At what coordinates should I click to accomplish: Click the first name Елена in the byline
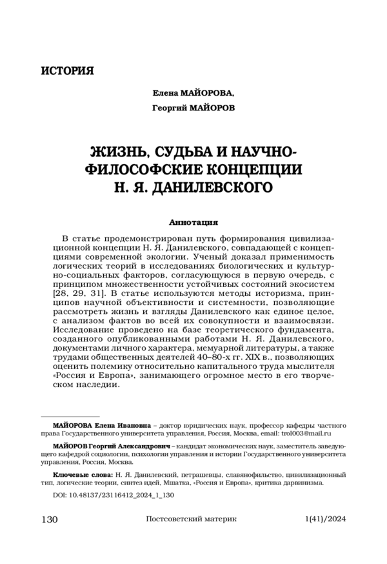(165, 94)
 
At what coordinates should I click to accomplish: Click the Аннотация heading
(193, 221)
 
